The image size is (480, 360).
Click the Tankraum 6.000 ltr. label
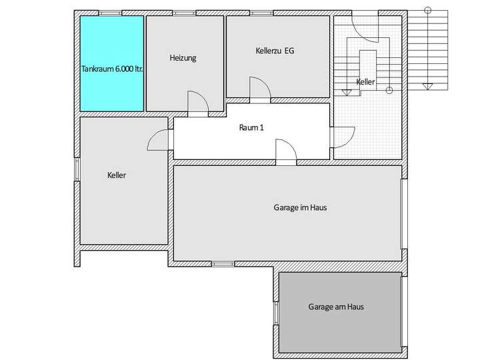[x=112, y=69]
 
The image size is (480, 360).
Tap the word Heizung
[x=183, y=58]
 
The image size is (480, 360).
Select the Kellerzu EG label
[x=275, y=51]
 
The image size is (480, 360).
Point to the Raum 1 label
[x=251, y=127]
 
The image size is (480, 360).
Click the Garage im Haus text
[x=300, y=207]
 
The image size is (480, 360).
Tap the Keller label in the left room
[x=117, y=176]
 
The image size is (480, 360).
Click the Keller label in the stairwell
[x=365, y=81]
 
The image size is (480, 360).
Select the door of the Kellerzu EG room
[x=259, y=88]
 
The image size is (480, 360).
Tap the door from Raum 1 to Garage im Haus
[x=285, y=152]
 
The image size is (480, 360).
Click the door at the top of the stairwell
[x=366, y=27]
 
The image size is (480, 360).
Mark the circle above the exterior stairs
[x=427, y=9]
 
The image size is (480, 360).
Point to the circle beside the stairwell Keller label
[x=389, y=89]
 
